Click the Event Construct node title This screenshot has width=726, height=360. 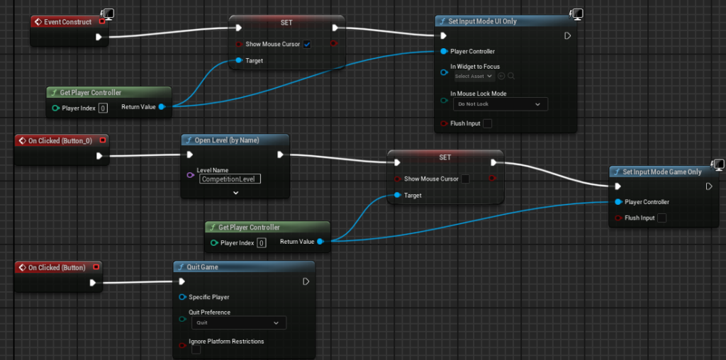click(x=67, y=22)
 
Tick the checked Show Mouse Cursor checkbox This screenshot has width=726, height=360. click(x=307, y=45)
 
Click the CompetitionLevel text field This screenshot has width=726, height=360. click(x=230, y=179)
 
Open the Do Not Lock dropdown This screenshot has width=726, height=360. click(x=500, y=104)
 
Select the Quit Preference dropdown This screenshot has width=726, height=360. click(x=239, y=322)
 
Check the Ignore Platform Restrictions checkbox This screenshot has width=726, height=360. click(x=196, y=350)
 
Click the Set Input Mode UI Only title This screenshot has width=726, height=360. click(x=482, y=21)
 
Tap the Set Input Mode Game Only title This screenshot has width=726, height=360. click(x=662, y=171)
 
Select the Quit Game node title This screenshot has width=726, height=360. click(x=202, y=267)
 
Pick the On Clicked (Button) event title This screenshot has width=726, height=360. click(x=57, y=267)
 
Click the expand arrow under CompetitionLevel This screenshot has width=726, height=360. click(x=235, y=193)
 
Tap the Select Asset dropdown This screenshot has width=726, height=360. click(x=474, y=76)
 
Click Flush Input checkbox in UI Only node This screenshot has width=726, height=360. click(x=487, y=123)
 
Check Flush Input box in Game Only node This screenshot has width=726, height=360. click(x=661, y=218)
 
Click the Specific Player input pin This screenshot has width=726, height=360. click(x=182, y=297)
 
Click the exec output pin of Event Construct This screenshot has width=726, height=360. click(x=99, y=37)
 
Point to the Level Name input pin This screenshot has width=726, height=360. click(x=190, y=175)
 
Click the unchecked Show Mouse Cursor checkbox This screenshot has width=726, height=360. click(x=465, y=179)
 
